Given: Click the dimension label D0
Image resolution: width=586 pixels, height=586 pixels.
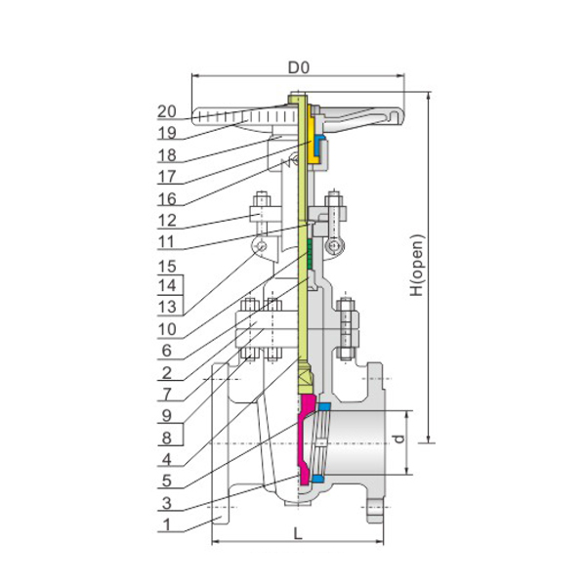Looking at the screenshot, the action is [299, 67].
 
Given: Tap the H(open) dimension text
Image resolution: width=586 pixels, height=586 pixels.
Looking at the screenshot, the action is [417, 266].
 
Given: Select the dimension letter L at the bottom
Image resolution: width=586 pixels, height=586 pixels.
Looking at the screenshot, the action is [298, 533].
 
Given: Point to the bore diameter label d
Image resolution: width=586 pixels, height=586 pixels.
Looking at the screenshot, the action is [399, 439].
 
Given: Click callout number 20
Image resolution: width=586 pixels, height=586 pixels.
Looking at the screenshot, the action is [167, 111].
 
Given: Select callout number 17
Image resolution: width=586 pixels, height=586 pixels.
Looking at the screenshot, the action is [167, 177].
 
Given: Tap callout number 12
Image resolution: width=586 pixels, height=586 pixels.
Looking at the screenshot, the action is [167, 221].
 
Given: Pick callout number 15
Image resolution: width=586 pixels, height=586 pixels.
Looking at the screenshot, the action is [167, 267].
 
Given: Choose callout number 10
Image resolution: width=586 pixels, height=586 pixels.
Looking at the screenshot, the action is [167, 329].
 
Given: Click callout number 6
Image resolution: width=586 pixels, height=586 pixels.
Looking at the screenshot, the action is [167, 351].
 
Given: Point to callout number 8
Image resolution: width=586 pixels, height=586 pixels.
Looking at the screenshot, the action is [167, 438].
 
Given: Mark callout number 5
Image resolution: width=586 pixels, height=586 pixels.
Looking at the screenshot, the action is [167, 481].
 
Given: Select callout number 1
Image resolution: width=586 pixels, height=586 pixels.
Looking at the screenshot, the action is [167, 524].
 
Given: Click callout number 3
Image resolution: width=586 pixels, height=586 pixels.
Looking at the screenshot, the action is [167, 503].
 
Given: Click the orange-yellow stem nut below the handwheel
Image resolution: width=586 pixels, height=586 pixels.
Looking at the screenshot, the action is [312, 139].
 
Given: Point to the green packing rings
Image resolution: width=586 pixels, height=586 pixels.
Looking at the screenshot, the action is [310, 254].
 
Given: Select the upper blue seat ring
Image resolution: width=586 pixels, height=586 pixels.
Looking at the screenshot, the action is [323, 406].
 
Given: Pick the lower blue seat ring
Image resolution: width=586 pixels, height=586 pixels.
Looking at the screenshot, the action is [318, 479].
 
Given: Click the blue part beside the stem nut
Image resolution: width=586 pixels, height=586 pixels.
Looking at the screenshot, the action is [318, 144].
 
